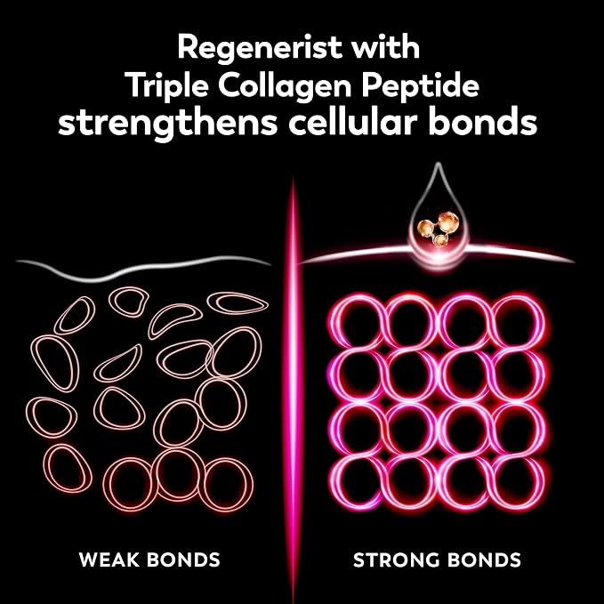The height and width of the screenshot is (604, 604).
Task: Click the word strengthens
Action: pyautogui.click(x=168, y=124)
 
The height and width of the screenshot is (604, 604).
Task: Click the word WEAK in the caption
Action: pyautogui.click(x=109, y=560)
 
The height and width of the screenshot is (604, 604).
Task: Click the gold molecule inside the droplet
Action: pyautogui.click(x=439, y=228)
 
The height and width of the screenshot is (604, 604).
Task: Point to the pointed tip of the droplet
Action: pyautogui.click(x=438, y=164)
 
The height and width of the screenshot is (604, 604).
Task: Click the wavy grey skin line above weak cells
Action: pyautogui.click(x=143, y=268)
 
